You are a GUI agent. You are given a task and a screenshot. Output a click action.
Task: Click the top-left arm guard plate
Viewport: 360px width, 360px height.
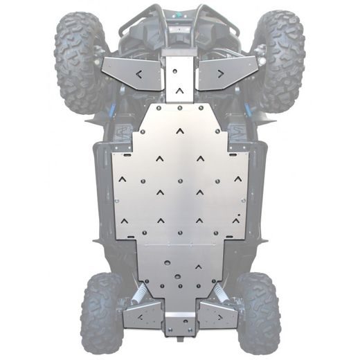pos(132,73)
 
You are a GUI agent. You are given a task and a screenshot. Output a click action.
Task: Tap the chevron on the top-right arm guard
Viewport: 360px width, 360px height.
pos(220,73)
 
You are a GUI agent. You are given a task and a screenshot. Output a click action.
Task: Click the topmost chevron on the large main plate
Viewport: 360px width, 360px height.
pos(179,129)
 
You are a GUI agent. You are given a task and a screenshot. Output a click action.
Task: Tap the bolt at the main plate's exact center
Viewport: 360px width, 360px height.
pos(179,181)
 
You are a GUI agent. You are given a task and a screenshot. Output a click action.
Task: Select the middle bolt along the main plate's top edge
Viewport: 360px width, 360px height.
pos(179,109)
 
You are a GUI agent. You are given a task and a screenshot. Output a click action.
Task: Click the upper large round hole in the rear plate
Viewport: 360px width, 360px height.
pos(165,263)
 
